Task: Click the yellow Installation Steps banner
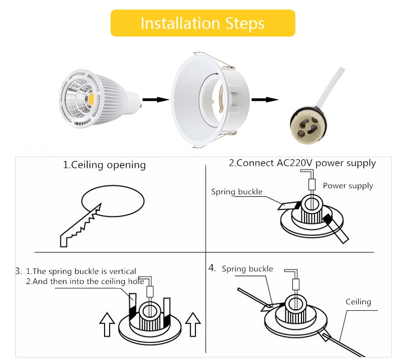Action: pyautogui.click(x=202, y=23)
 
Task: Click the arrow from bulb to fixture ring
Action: pyautogui.click(x=155, y=99)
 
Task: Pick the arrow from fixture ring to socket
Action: pyautogui.click(x=265, y=99)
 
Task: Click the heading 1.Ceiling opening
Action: pyautogui.click(x=104, y=165)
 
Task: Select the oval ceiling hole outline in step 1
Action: pyautogui.click(x=113, y=201)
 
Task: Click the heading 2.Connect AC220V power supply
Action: pyautogui.click(x=302, y=163)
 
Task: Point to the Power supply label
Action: pyautogui.click(x=348, y=186)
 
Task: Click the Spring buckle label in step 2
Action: pyautogui.click(x=236, y=192)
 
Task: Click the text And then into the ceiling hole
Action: pyautogui.click(x=85, y=281)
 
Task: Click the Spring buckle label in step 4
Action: pyautogui.click(x=247, y=269)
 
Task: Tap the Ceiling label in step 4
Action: pyautogui.click(x=358, y=302)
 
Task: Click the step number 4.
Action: pyautogui.click(x=212, y=267)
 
